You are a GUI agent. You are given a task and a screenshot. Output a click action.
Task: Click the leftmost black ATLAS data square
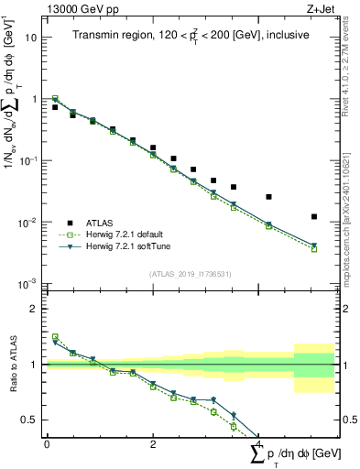(55, 107)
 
